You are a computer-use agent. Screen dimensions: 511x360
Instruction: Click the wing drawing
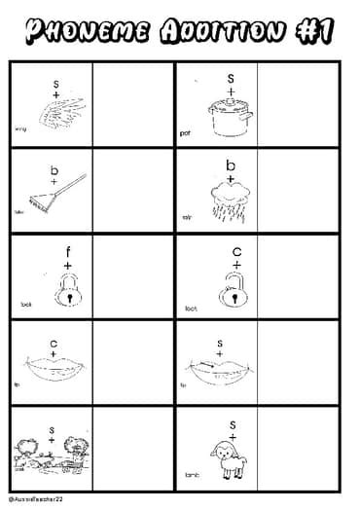[x=54, y=117]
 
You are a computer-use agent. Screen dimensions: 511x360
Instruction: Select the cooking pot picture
[x=231, y=115]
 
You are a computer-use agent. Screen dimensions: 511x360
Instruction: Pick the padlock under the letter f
[x=67, y=289]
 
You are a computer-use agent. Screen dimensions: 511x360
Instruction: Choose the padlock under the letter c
[x=234, y=290]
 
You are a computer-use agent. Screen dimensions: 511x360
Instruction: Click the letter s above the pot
[x=232, y=78]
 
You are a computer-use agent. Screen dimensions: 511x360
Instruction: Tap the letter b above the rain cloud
[x=231, y=164]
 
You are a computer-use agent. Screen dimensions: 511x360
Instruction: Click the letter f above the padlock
[x=68, y=249]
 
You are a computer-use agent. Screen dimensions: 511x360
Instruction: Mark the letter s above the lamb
[x=233, y=423]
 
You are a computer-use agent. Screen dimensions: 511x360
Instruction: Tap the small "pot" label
[x=186, y=132]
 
